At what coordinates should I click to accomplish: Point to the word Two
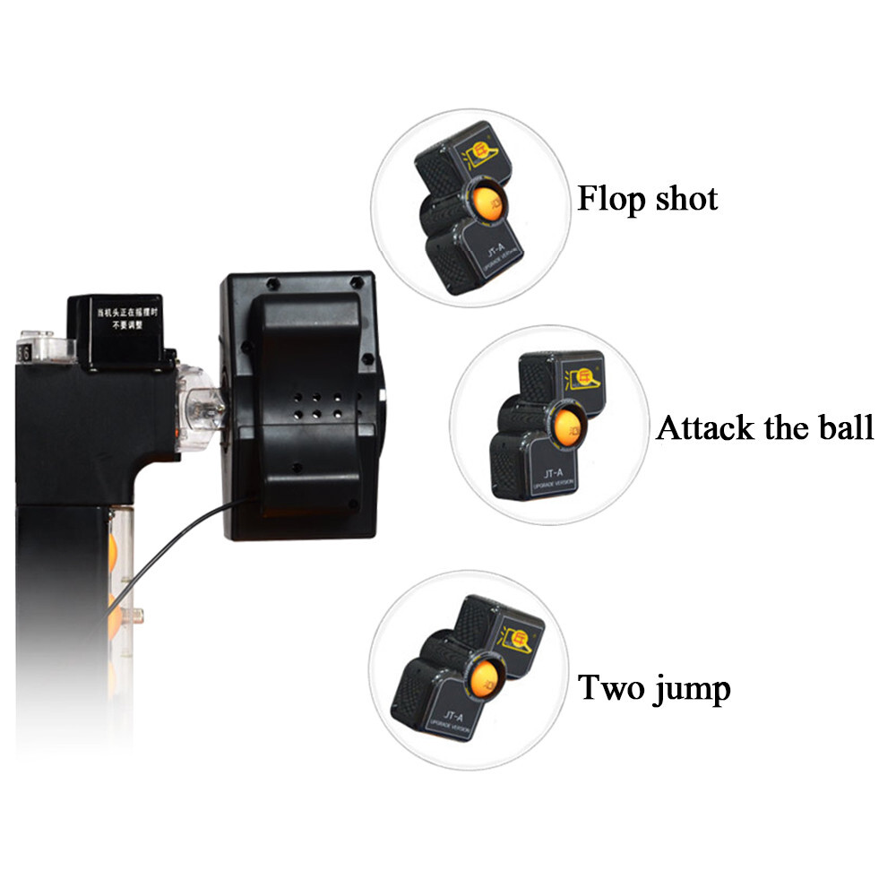click(x=611, y=688)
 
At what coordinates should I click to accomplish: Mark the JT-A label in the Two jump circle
click(x=453, y=718)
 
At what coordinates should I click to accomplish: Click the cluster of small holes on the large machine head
click(x=317, y=402)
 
